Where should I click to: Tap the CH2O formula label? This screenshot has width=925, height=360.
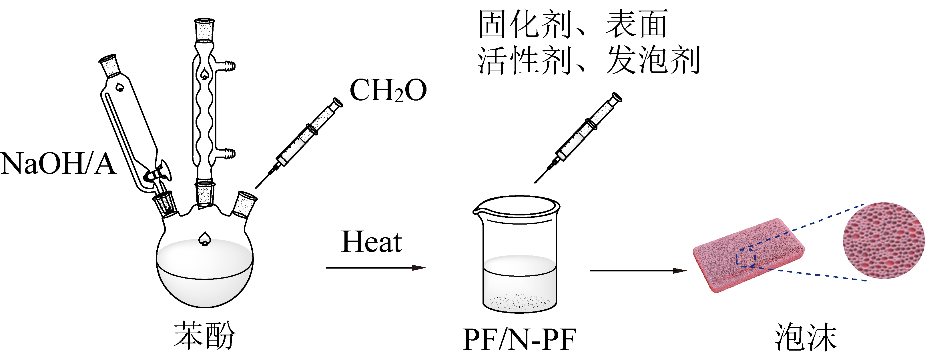[388, 91]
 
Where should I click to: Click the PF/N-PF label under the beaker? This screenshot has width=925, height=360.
[519, 339]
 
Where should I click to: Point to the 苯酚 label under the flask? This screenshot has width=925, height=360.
[204, 336]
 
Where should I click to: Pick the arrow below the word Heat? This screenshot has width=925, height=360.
[376, 268]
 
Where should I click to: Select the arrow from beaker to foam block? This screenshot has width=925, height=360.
[638, 271]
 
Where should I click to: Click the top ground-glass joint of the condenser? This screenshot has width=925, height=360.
[204, 31]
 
